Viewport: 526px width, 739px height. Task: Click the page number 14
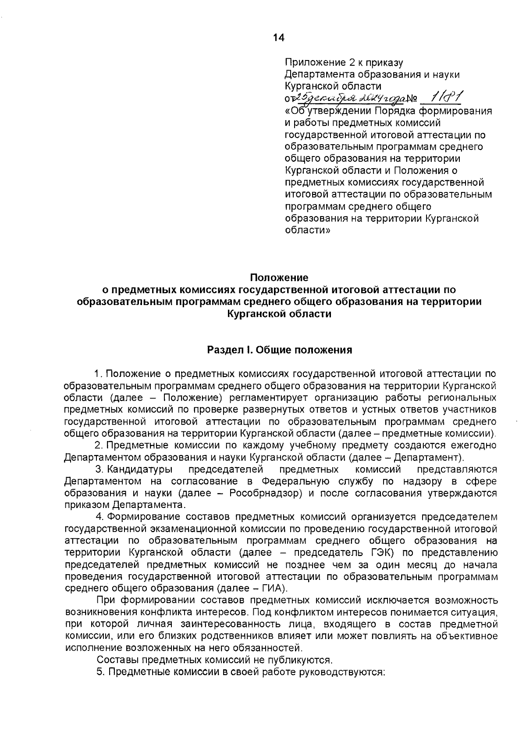click(x=279, y=38)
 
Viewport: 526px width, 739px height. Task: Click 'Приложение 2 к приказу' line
click(x=344, y=63)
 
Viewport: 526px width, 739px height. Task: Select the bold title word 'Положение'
click(x=279, y=277)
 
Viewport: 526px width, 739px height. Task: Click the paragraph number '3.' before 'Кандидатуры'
click(x=100, y=469)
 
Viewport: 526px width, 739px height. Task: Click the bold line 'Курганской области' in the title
click(x=279, y=314)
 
